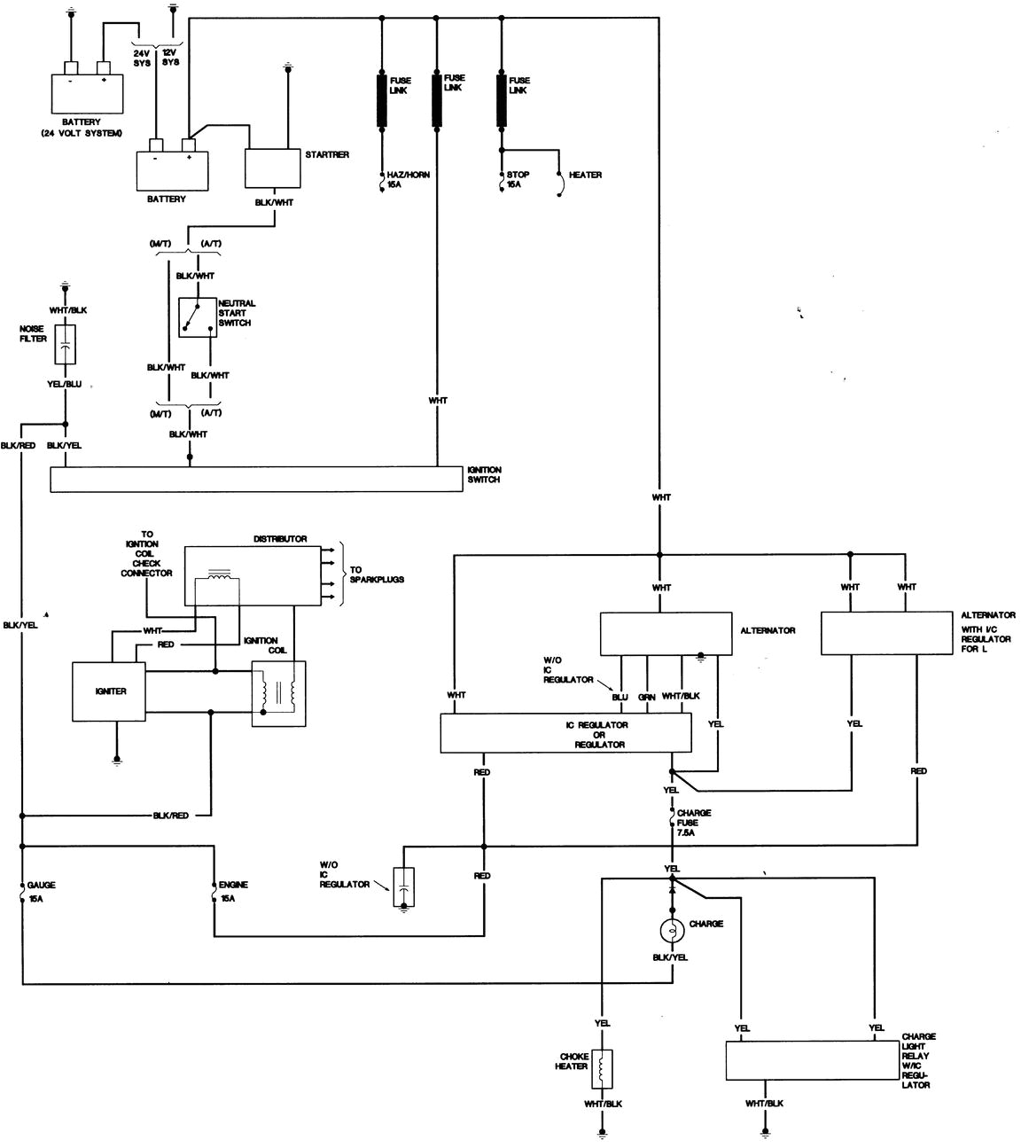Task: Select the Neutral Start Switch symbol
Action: [x=197, y=317]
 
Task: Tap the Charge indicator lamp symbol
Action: [x=673, y=930]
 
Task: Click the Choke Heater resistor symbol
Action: [x=603, y=1067]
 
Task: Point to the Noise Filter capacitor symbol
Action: [x=65, y=345]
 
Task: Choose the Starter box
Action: [x=272, y=168]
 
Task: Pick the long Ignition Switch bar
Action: [x=256, y=480]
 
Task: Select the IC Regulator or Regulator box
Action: [x=565, y=735]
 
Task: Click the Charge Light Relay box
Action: [x=813, y=1060]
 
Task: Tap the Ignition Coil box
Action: [x=278, y=694]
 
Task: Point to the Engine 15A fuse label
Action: [x=233, y=891]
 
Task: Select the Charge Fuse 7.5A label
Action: [x=694, y=823]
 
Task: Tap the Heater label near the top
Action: [x=585, y=176]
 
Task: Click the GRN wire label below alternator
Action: [x=647, y=697]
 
